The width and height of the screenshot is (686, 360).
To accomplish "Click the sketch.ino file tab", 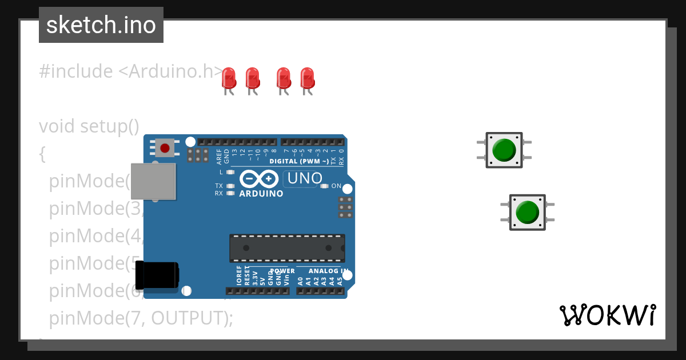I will tap(101, 25).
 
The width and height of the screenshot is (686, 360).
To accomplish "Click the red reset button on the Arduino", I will tap(165, 149).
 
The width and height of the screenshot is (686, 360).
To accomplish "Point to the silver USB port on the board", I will tap(153, 181).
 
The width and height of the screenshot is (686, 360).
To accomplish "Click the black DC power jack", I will tap(160, 275).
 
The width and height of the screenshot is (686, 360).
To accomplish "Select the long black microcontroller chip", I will tap(287, 248).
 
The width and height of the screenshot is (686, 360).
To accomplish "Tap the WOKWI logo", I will tap(608, 315).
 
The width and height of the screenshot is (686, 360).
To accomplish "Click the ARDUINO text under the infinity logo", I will tap(261, 194).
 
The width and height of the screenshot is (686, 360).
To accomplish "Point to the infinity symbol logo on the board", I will tap(260, 179).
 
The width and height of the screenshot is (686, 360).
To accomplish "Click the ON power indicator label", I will tap(336, 186).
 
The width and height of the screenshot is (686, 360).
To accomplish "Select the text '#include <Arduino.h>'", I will tap(131, 71).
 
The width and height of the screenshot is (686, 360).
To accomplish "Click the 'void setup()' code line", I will tap(89, 126).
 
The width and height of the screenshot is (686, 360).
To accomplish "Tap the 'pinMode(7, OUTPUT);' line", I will tap(141, 318).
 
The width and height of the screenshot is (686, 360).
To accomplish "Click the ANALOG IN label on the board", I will tap(328, 271).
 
